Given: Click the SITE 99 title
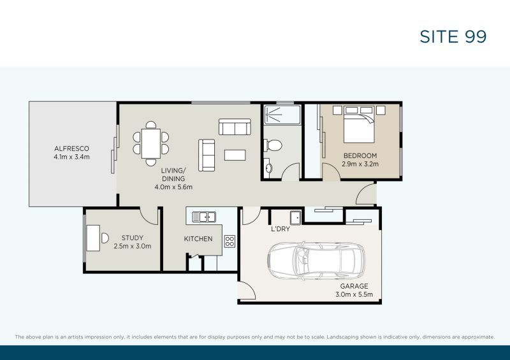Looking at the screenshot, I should [453, 36].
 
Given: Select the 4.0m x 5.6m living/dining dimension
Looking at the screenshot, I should [173, 187].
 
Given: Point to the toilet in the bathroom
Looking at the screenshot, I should [273, 146].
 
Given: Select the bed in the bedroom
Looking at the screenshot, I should [360, 126].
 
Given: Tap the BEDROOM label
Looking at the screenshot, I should [360, 155].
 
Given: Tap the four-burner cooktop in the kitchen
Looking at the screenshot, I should [229, 241].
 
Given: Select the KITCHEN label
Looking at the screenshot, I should [198, 238].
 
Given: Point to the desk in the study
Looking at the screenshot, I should [92, 237].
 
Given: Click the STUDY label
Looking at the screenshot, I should [132, 238].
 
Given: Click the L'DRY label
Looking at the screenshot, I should [280, 229].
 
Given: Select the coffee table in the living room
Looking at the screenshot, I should [234, 155].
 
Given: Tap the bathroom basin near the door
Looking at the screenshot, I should [268, 169].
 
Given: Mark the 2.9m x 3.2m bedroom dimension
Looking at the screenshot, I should [360, 164].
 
